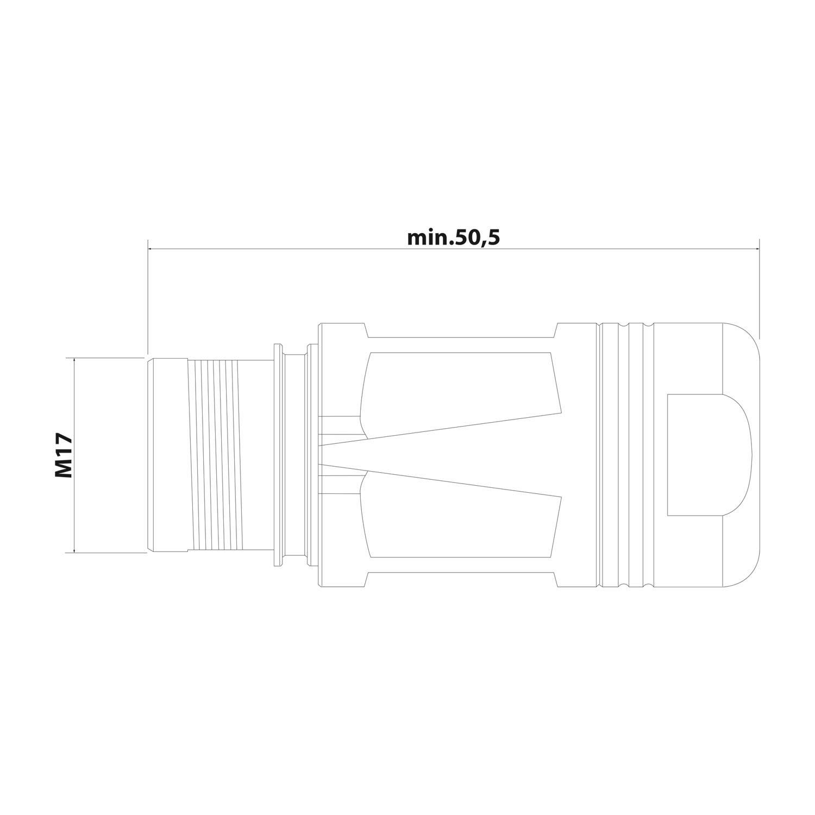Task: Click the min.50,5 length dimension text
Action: pos(453,238)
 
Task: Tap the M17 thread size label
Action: pos(64,455)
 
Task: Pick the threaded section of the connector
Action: pos(214,455)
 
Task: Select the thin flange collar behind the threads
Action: pos(278,455)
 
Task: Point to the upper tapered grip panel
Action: pos(462,388)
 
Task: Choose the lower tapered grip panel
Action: pos(462,522)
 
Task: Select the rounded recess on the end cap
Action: pos(706,455)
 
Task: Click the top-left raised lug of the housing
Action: pos(342,330)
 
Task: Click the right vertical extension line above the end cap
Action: pos(759,288)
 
